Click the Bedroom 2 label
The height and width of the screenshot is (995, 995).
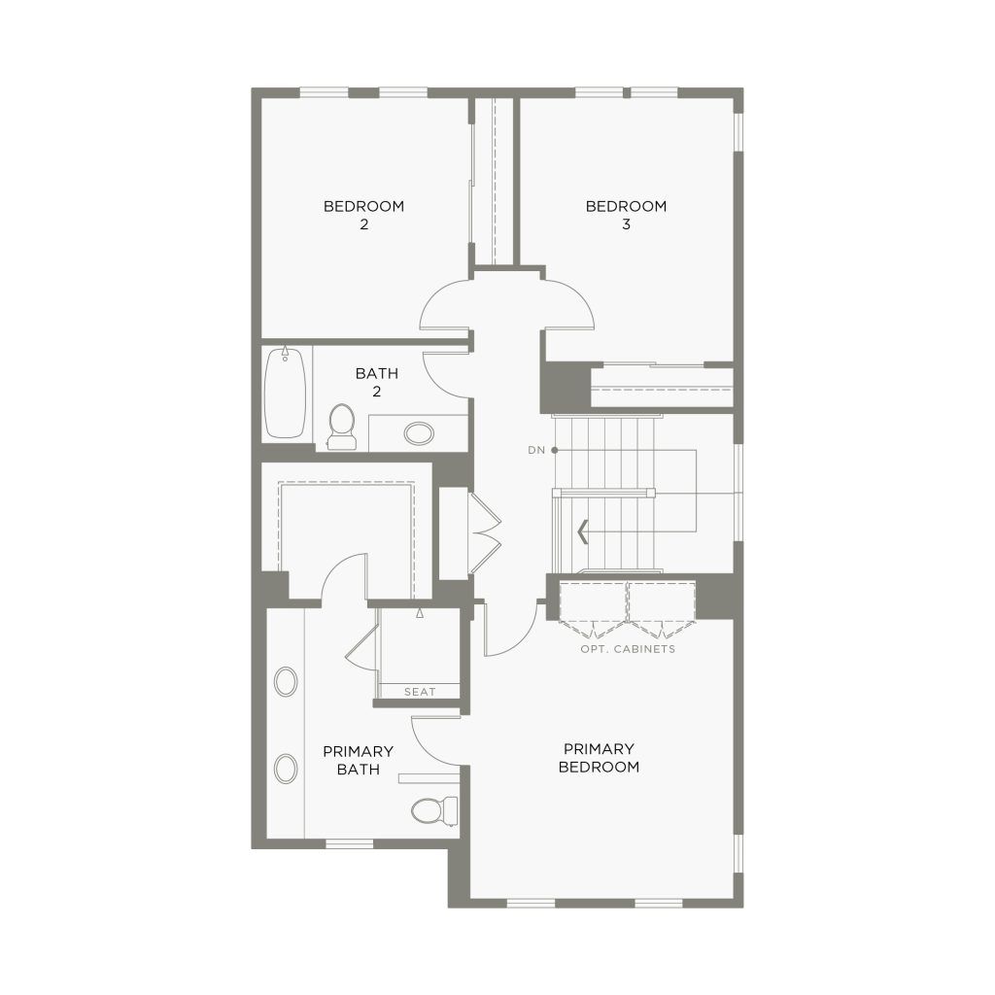point(363,215)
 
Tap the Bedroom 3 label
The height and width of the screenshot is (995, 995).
point(626,215)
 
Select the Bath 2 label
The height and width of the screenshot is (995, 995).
point(376,382)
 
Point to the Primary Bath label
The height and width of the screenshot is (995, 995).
point(358,760)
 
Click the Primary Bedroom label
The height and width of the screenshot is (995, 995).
point(599,758)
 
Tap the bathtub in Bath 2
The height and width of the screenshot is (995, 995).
point(285,393)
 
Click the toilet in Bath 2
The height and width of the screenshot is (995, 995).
point(341,428)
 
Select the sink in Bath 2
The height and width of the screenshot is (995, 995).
point(419,434)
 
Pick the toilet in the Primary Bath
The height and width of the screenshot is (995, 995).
point(434,810)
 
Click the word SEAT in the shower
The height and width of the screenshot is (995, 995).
point(420,692)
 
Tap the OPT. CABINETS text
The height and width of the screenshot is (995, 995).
point(628,649)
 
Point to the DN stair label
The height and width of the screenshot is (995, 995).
point(536,450)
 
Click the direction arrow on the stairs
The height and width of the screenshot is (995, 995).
point(582,532)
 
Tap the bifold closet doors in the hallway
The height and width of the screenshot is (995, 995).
point(485,533)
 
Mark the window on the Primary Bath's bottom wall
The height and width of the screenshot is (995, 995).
point(349,843)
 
